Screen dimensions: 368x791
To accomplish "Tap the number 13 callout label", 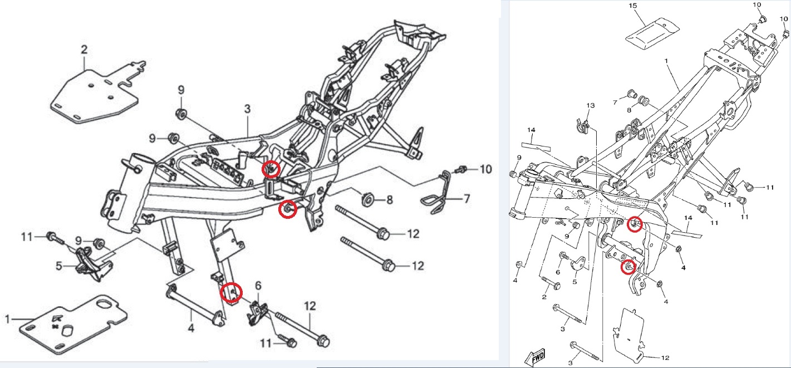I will click(591, 105).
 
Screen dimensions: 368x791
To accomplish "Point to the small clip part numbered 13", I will click(581, 126).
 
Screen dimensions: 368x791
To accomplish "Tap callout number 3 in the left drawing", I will click(248, 109).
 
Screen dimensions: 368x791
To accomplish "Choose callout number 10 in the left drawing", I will click(486, 169).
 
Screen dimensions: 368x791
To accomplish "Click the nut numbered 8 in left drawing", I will click(367, 199).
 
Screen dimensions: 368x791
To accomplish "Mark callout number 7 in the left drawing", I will click(467, 199).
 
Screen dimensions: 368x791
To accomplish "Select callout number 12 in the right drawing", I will click(665, 356).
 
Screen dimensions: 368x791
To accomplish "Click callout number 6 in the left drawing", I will click(258, 286).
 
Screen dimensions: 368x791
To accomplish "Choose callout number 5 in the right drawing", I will click(574, 282).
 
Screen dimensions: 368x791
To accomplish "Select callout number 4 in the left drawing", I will click(190, 328).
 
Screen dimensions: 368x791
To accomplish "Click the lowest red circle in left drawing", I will click(231, 292).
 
